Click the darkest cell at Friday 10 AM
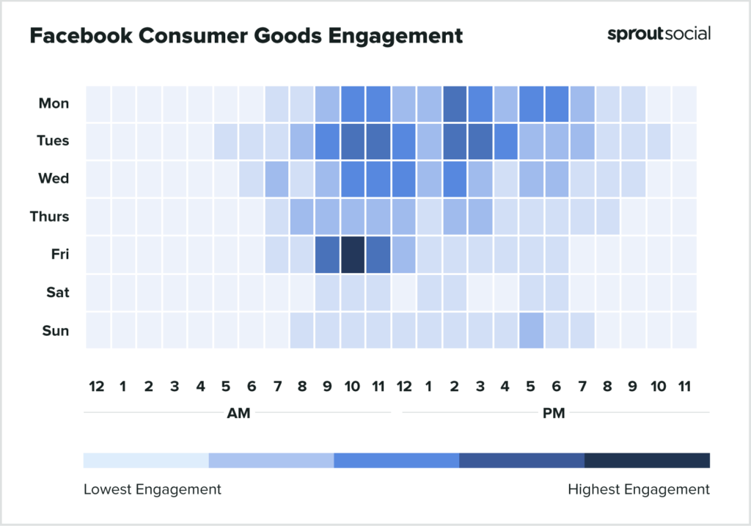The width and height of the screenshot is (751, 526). click(x=353, y=255)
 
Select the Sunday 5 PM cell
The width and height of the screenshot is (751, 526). click(x=531, y=330)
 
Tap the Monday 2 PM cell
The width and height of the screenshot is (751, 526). click(x=455, y=103)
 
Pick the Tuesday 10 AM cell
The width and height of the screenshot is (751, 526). click(x=353, y=141)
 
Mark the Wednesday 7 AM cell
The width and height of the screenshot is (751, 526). click(x=276, y=179)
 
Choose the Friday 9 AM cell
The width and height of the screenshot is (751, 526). click(x=327, y=255)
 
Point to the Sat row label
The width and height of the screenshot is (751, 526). click(x=57, y=293)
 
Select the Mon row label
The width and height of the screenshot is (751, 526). click(x=54, y=103)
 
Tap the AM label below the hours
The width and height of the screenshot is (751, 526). click(x=238, y=414)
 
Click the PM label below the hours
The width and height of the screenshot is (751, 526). click(x=554, y=414)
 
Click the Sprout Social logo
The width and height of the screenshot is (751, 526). click(x=659, y=34)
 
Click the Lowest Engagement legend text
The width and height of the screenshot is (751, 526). click(x=152, y=489)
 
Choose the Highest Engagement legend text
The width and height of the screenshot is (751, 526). click(x=639, y=489)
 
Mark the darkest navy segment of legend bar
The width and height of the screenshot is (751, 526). click(x=647, y=460)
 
